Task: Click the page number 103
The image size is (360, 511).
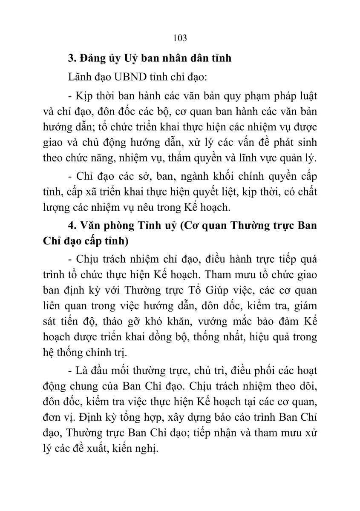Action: (x=180, y=38)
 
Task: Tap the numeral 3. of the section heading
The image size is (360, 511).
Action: (x=72, y=58)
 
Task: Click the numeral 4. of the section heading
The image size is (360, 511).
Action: (x=72, y=226)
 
